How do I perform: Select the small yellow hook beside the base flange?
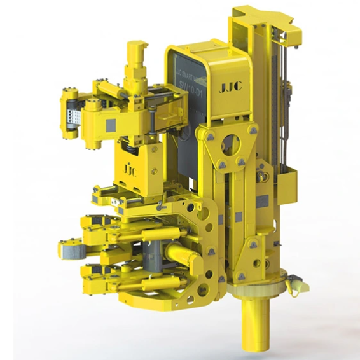(293, 287)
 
